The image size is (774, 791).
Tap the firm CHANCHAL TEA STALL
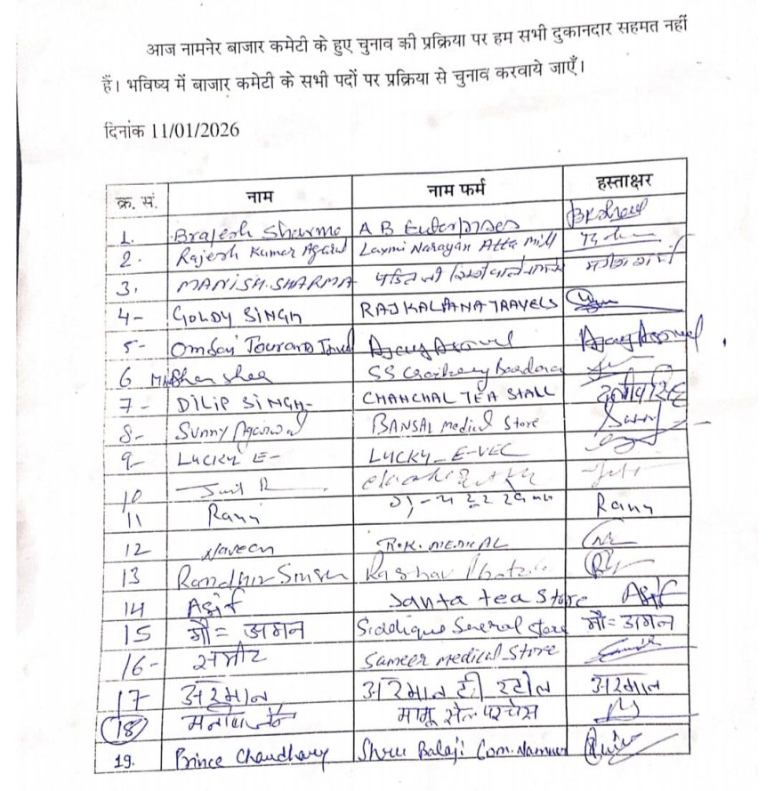(457, 392)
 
